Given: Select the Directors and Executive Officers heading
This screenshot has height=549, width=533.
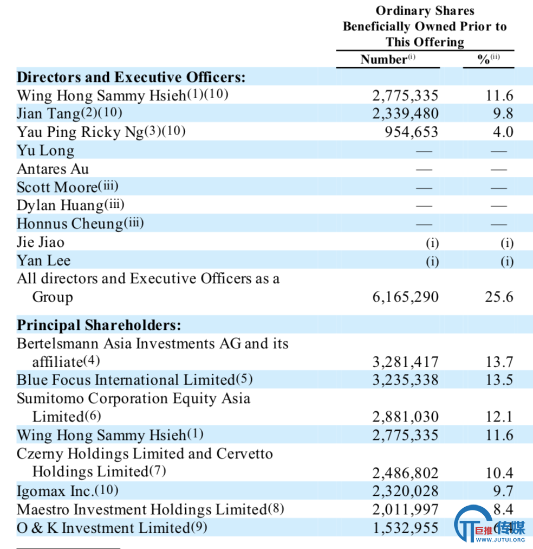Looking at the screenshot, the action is click(131, 77).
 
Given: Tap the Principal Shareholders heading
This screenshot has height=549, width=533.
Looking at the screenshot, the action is click(99, 325).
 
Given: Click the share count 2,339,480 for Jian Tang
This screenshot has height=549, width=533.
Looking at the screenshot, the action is click(405, 113).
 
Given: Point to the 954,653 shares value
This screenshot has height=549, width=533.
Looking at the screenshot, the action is click(411, 132).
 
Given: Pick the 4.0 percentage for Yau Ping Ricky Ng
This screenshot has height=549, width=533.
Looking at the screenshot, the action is click(503, 132).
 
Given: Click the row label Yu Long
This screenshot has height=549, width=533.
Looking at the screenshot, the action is click(45, 151).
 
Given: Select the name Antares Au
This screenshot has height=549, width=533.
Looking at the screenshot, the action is click(53, 169).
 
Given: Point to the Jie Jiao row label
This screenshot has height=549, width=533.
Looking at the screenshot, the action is click(41, 242).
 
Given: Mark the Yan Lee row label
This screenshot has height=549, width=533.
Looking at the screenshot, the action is click(44, 260).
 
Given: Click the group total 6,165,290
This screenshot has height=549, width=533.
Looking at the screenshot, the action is click(405, 297).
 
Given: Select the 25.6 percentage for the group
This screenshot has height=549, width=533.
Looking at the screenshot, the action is click(499, 297).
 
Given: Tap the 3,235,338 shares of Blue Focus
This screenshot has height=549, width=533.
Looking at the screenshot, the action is click(405, 380).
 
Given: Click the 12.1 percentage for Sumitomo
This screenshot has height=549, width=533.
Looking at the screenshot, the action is click(499, 417).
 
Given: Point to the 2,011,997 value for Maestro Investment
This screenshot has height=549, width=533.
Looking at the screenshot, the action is click(405, 509).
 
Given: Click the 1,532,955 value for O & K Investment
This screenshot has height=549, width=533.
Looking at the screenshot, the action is click(405, 528).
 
